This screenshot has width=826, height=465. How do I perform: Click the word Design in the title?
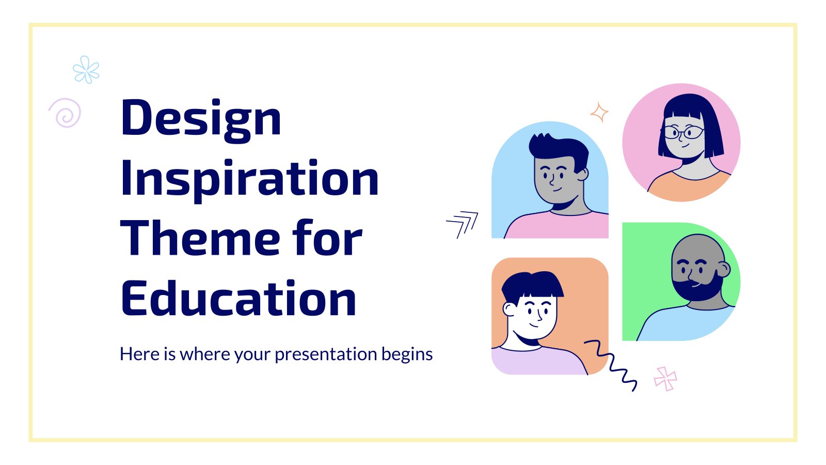pos(201,120)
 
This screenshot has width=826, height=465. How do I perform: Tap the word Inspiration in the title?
pos(250,181)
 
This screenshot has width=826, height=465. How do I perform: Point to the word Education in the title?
pos(239,298)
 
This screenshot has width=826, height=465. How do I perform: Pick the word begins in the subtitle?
pos(407,354)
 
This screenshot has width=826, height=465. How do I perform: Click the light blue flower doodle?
pos(86,69)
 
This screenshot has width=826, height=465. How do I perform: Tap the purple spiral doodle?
pos(65,113)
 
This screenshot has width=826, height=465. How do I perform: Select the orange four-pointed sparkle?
pos(599,112)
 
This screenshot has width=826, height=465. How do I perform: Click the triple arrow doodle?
pos(463,224)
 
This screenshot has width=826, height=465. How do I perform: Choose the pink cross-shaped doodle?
pos(665,379)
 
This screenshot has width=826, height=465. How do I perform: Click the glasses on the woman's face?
pos(684,132)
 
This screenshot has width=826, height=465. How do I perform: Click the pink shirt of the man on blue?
pos(557,225)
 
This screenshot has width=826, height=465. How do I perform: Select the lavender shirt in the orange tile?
pos(538,361)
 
